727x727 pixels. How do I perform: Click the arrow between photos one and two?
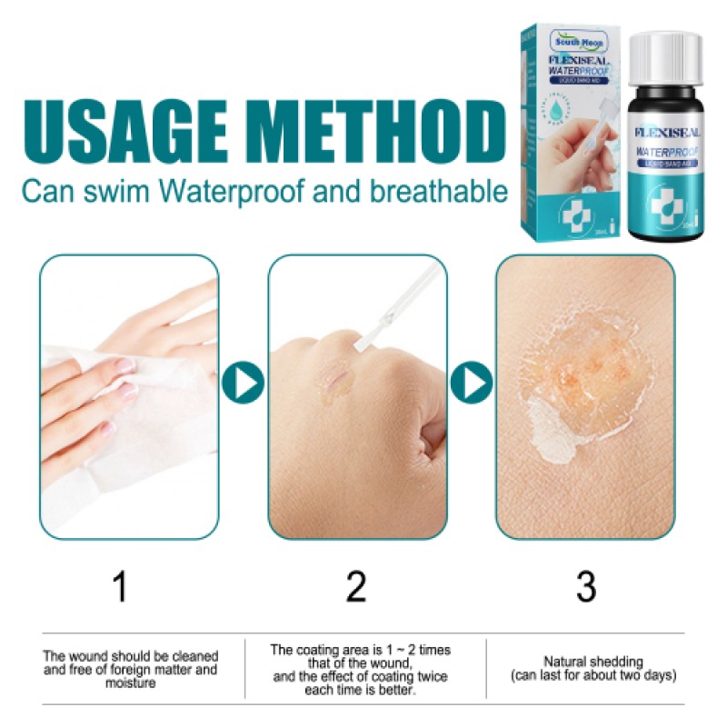pyautogui.click(x=244, y=383)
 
